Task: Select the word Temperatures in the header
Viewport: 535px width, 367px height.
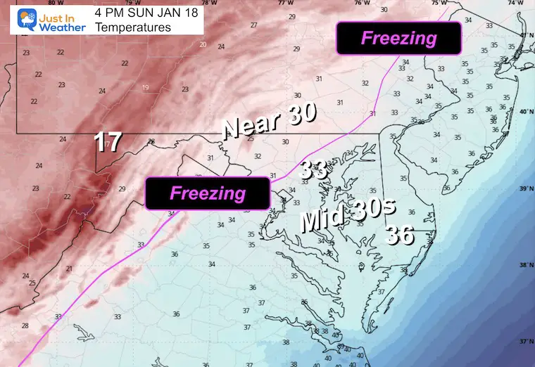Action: [132, 27]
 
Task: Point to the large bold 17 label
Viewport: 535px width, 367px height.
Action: [109, 143]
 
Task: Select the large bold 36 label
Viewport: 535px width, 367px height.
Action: [399, 236]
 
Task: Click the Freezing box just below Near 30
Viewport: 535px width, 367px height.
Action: [208, 193]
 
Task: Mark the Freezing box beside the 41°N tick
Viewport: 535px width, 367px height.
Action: [398, 38]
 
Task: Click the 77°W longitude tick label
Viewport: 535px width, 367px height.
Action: [284, 3]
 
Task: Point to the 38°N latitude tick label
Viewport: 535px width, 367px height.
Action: [524, 266]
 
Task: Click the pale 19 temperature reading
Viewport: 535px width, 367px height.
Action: [146, 87]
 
